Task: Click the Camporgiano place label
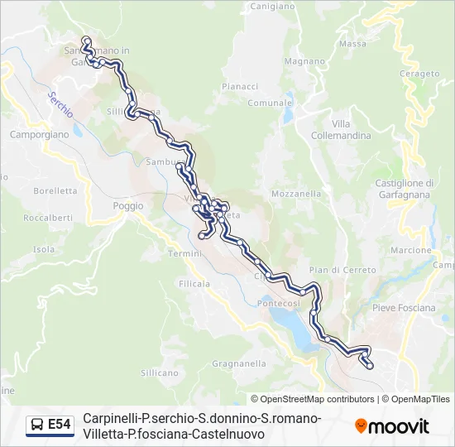click(38, 133)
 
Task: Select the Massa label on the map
click(352, 44)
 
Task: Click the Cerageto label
click(419, 74)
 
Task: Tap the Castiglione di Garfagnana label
click(405, 188)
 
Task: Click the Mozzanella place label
click(296, 194)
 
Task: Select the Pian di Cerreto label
click(342, 270)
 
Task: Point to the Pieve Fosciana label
click(404, 308)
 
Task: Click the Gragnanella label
click(239, 363)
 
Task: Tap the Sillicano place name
click(160, 372)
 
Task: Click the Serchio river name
click(60, 103)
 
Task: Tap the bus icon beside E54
click(37, 425)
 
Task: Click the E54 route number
click(60, 425)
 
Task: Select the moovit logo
click(392, 426)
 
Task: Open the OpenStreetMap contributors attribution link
click(313, 399)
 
